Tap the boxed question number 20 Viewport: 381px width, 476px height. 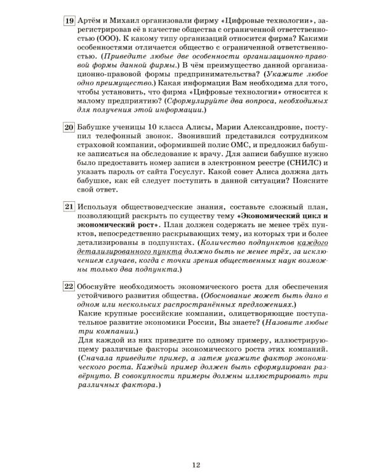coord(70,127)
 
